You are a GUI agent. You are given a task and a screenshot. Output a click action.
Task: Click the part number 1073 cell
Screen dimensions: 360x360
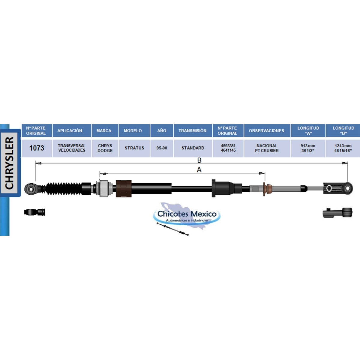[37, 148]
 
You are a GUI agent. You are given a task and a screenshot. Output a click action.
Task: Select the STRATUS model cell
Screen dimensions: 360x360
[134, 148]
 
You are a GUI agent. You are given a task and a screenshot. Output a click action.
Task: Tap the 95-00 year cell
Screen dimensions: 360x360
[162, 148]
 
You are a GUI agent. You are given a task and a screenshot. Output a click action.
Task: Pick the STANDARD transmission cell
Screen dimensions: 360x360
[193, 148]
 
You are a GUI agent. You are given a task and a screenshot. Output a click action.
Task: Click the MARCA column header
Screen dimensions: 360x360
[104, 130]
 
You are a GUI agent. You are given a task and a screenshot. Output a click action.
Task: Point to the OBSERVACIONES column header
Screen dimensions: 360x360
[267, 130]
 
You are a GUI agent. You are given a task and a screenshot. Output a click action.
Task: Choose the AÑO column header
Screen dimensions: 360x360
[162, 130]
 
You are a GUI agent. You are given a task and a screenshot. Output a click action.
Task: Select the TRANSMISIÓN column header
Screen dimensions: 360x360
[193, 130]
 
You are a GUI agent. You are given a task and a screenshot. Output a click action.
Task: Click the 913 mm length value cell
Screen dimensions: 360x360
[308, 148]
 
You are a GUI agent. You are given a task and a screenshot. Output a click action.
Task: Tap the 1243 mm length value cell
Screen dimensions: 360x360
[343, 148]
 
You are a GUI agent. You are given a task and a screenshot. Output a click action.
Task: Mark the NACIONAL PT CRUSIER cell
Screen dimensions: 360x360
[267, 148]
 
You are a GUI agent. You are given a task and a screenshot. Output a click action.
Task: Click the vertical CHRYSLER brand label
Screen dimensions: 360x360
[10, 163]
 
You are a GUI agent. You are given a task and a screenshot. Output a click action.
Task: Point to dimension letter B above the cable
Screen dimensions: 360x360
[199, 160]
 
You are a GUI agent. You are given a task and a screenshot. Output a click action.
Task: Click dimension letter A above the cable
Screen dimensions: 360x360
[199, 169]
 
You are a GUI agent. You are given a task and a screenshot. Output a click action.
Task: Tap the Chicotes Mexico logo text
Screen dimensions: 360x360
[187, 214]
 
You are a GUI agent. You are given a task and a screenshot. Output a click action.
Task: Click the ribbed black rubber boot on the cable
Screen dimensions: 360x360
[64, 188]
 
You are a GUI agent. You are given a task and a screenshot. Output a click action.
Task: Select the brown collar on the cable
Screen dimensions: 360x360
[124, 189]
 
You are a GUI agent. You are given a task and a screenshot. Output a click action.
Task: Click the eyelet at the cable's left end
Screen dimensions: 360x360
[30, 189]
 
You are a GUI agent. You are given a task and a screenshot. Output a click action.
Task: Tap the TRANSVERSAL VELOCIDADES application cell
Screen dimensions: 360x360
[72, 148]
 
